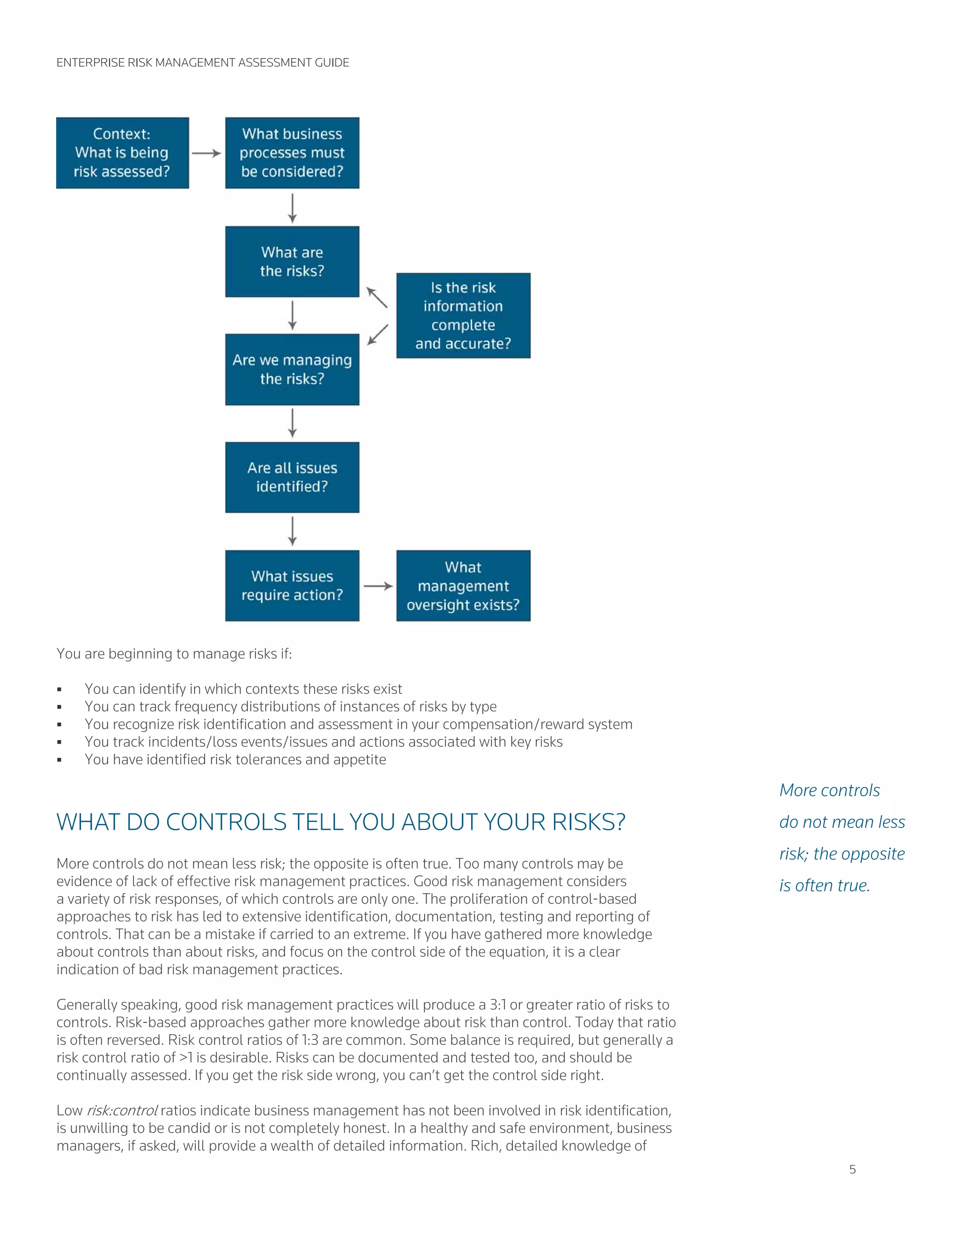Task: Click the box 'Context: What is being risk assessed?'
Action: (x=122, y=153)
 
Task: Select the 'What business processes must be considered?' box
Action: (x=292, y=153)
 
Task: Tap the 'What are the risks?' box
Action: (x=292, y=261)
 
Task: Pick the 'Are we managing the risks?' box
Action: (x=292, y=369)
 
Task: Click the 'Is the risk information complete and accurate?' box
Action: (x=463, y=315)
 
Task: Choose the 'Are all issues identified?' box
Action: (x=292, y=477)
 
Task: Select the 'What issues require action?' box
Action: (x=292, y=585)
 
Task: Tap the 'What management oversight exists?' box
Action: (x=463, y=585)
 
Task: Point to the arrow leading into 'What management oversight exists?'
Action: (x=378, y=586)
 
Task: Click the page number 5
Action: (x=852, y=1169)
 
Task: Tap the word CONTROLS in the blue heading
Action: (x=226, y=822)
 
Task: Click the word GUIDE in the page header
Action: (x=332, y=62)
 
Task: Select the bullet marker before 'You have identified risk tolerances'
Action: (x=59, y=760)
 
